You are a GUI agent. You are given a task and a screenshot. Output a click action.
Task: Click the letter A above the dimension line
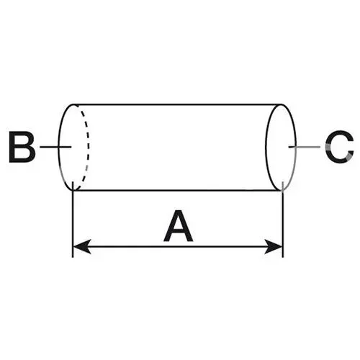pyautogui.click(x=178, y=226)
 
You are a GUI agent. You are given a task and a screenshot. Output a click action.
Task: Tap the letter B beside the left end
pyautogui.click(x=22, y=147)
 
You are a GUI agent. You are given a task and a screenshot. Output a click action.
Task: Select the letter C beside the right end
pyautogui.click(x=340, y=147)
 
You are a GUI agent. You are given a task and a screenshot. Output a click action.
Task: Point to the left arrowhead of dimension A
pyautogui.click(x=81, y=246)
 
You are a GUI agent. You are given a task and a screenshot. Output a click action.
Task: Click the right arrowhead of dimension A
pyautogui.click(x=274, y=246)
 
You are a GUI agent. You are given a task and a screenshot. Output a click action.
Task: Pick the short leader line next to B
pyautogui.click(x=55, y=146)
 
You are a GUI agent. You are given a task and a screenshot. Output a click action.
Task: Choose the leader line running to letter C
pyautogui.click(x=305, y=146)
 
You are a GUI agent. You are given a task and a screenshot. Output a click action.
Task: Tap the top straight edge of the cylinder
pyautogui.click(x=177, y=104)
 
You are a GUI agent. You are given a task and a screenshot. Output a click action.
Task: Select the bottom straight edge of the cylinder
pyautogui.click(x=177, y=190)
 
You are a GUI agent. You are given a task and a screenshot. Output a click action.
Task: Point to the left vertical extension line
pyautogui.click(x=73, y=220)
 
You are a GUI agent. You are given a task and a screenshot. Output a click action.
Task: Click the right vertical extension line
pyautogui.click(x=283, y=220)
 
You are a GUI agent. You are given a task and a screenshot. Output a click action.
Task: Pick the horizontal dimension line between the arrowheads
pyautogui.click(x=178, y=246)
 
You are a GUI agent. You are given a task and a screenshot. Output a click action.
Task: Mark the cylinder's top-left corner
pyautogui.click(x=73, y=104)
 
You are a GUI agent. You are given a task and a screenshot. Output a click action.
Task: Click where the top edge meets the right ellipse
pyautogui.click(x=281, y=104)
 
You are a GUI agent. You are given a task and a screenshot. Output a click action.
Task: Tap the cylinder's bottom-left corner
pyautogui.click(x=73, y=190)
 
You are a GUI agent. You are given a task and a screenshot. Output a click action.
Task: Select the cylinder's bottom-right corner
pyautogui.click(x=282, y=190)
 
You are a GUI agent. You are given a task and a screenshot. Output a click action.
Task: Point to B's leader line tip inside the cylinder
pyautogui.click(x=71, y=146)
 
